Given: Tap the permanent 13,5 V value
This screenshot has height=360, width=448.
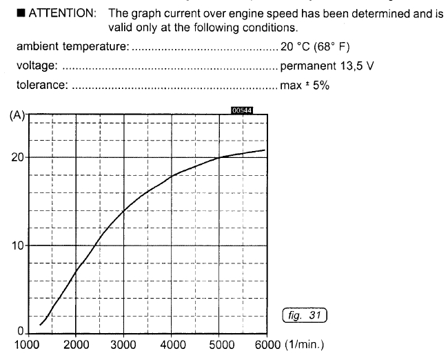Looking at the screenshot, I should coord(327,66).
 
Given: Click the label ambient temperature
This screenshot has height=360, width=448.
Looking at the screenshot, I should coord(71,47).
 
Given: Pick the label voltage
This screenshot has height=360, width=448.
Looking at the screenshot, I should coord(37,66).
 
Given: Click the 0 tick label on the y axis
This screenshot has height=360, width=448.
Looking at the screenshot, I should coord(21,332).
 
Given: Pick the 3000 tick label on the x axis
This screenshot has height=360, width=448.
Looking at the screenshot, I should coord(124,344).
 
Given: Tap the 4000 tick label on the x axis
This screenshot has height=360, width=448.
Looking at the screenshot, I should coord(172,344).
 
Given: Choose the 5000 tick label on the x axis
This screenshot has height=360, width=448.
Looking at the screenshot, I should coord(220,344).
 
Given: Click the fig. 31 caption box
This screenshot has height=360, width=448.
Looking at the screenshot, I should coord(305,315).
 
